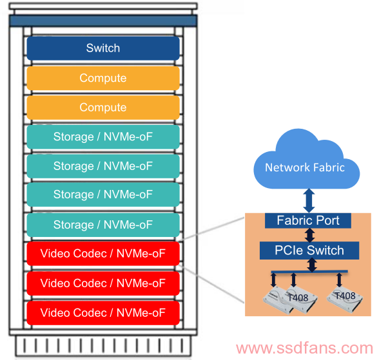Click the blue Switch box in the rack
(103, 48)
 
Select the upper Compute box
(103, 78)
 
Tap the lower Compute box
(103, 108)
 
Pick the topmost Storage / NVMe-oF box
(103, 137)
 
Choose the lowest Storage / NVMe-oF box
(103, 225)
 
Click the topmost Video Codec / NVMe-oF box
(103, 254)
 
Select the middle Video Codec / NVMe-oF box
(103, 283)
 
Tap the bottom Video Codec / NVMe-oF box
(103, 313)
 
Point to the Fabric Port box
(308, 220)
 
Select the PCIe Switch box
(309, 251)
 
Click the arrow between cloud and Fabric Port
(309, 201)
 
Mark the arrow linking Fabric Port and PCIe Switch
(309, 235)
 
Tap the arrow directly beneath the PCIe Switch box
(312, 265)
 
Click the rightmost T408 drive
(345, 300)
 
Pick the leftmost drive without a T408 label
(278, 299)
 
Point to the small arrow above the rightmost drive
(339, 280)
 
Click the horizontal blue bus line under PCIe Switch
(309, 272)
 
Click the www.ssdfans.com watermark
(304, 348)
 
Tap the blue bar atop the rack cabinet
(103, 21)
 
